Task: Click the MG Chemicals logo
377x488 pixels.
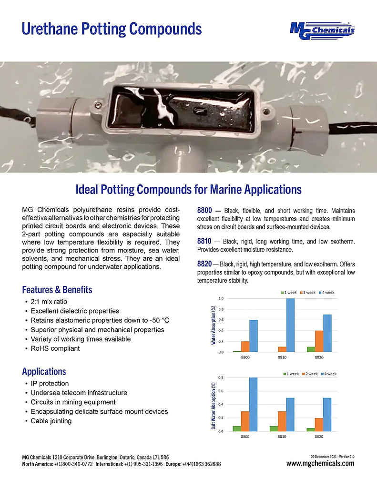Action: pos(322,31)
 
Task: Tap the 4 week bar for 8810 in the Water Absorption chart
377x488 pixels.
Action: pos(290,325)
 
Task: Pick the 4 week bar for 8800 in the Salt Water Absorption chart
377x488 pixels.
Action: pos(253,404)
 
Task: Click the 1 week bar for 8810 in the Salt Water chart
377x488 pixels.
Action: pos(274,428)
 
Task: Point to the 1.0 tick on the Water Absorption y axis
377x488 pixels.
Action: pos(221,298)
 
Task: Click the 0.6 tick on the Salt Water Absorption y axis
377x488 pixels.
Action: pos(221,391)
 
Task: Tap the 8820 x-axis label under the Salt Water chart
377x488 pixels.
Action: pos(319,436)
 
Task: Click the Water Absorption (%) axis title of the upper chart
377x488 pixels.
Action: pos(214,325)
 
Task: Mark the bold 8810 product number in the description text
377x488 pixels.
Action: pos(205,241)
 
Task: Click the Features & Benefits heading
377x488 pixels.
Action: pos(57,289)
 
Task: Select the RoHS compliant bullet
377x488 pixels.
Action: pos(55,348)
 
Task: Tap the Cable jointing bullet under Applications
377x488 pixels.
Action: pos(51,421)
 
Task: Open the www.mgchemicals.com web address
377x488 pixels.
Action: pos(320,463)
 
